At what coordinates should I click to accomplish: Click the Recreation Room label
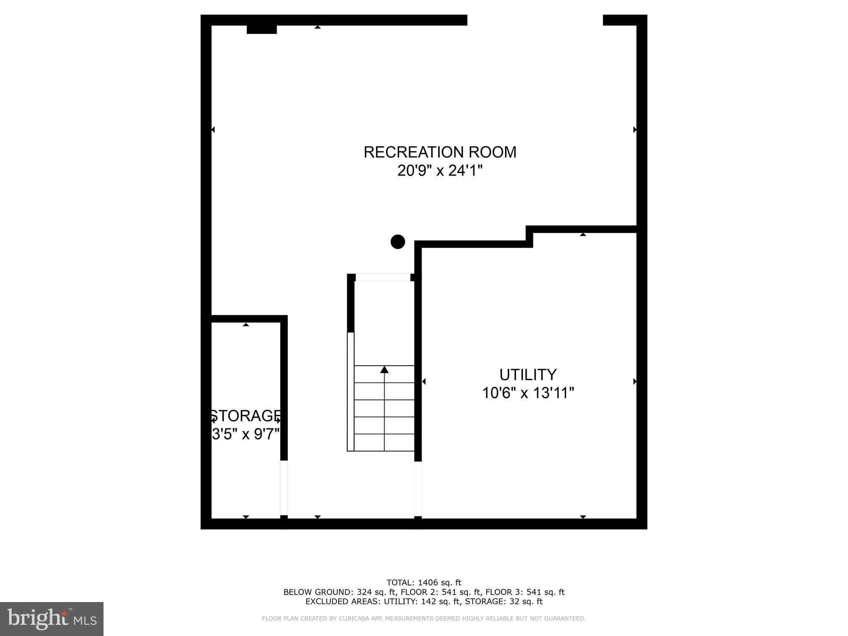(440, 152)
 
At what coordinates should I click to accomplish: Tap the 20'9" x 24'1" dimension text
(440, 170)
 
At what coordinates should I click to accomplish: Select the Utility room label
(528, 375)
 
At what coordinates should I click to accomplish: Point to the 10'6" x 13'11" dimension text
(528, 393)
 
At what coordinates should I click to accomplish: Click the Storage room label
(246, 415)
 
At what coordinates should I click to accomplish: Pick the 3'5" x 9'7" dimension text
(246, 434)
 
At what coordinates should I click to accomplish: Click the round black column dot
(397, 241)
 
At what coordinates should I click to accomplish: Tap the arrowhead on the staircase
(384, 369)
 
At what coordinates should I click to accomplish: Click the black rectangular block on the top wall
(262, 29)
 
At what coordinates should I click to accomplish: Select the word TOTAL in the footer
(400, 583)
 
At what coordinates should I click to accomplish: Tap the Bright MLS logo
(52, 619)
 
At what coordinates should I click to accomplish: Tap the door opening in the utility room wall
(418, 489)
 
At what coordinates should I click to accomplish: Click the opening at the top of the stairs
(383, 277)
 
